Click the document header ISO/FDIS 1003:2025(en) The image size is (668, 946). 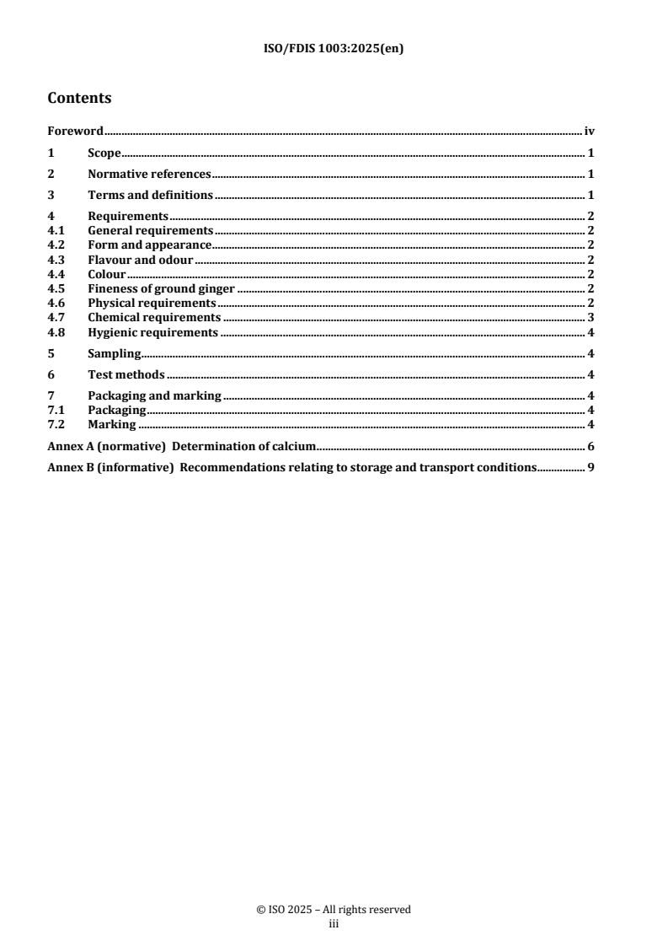pos(334,49)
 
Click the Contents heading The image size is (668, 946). pos(79,98)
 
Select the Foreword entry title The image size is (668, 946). pos(76,132)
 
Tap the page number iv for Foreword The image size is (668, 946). pos(590,132)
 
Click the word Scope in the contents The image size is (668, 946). pos(104,153)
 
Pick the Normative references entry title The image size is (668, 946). pos(149,175)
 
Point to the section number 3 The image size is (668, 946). pos(51,196)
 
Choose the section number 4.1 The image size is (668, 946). pos(56,230)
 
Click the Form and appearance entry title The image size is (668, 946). pos(149,245)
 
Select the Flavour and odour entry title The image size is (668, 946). pos(141,260)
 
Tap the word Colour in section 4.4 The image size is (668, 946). pos(107,274)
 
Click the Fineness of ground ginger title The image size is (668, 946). pos(161,288)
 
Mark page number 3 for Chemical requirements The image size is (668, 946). pos(591,318)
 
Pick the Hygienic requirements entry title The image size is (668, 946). pos(152,332)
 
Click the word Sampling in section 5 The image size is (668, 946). pos(114,353)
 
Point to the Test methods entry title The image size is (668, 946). pos(126,374)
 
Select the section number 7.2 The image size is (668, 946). pos(56,424)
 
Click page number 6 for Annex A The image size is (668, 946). pos(591,446)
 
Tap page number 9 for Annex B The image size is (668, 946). pos(591,467)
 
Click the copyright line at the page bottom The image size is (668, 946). pos(334,910)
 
